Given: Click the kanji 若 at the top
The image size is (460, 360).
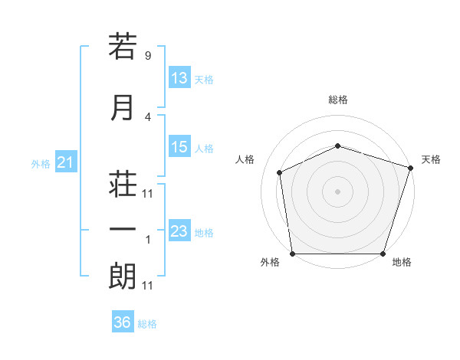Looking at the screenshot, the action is (123, 46).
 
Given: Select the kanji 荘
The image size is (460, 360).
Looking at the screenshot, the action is (123, 184).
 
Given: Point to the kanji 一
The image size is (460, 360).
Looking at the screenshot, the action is (123, 229).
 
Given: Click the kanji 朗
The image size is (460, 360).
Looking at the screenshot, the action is (123, 276).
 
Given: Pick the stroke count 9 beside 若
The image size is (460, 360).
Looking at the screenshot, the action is (148, 55).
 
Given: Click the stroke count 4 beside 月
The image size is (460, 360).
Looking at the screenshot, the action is (148, 117).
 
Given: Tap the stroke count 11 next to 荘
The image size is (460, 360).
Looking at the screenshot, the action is (147, 194).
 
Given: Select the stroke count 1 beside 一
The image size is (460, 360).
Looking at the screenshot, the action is (148, 240).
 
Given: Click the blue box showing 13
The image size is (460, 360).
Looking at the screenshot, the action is (179, 77).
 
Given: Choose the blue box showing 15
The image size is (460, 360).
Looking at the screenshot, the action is (179, 146).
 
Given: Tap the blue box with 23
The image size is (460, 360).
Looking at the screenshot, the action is (179, 230).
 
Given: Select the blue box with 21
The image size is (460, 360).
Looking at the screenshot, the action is (66, 162).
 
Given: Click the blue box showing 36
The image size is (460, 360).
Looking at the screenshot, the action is (123, 321).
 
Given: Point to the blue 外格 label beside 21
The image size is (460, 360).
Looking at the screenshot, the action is (41, 164).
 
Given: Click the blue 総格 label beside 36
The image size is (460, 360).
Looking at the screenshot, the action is (147, 324).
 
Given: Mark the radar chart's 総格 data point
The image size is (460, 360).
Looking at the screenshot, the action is (337, 146).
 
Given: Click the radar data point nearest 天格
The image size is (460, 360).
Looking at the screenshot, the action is (411, 168).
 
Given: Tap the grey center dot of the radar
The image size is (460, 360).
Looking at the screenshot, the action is (337, 191).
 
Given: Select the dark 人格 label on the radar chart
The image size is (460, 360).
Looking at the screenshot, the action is (245, 159).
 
